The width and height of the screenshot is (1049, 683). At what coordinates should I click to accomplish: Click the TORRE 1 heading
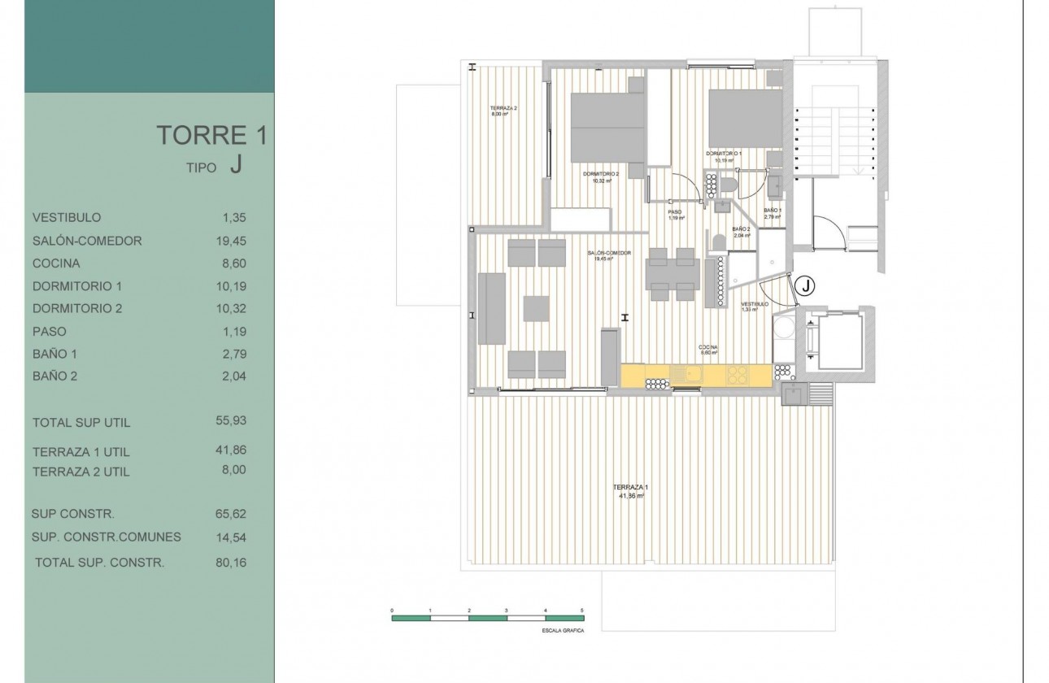(211, 135)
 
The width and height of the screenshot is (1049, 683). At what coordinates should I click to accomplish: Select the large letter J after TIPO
(235, 166)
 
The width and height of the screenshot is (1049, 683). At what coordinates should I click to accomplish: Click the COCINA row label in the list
(56, 263)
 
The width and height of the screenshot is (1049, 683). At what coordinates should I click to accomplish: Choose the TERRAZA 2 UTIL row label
(81, 472)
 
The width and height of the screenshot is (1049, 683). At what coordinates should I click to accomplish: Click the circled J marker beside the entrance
(803, 285)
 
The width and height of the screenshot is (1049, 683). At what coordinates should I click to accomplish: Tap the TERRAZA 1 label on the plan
(630, 487)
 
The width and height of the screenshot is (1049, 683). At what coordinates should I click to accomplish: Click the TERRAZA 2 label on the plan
(503, 109)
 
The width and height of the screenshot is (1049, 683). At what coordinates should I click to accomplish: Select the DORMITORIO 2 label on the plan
(601, 174)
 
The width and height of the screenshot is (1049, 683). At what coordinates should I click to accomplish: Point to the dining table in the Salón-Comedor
(672, 274)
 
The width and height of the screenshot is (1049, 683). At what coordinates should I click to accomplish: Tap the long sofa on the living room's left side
(492, 308)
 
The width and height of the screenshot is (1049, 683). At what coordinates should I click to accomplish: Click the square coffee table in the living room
(536, 308)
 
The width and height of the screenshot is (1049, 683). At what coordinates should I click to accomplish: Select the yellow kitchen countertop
(695, 375)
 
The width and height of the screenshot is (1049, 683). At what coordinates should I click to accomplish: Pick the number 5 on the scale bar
(582, 610)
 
